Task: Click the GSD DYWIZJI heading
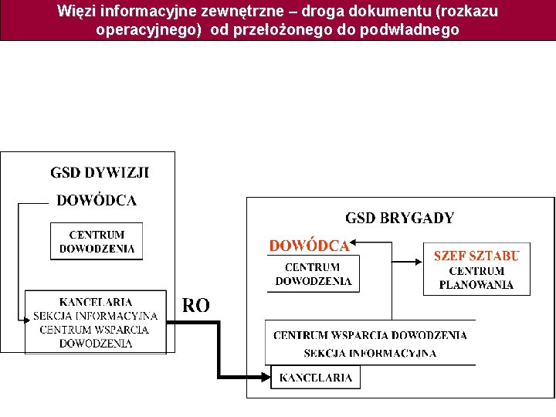(100, 172)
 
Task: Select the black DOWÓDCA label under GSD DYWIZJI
(97, 201)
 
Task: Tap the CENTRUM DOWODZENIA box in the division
(97, 242)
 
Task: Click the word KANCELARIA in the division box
(96, 302)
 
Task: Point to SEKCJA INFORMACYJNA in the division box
(95, 316)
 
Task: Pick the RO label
(195, 306)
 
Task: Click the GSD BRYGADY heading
(399, 219)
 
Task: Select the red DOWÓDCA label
(309, 246)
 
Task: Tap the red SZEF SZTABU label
(476, 256)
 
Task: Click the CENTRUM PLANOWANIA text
(476, 278)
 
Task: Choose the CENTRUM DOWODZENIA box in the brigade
(314, 274)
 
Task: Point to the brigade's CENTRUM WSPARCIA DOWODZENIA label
(370, 335)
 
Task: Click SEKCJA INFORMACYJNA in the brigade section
(370, 354)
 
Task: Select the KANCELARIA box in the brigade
(315, 378)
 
